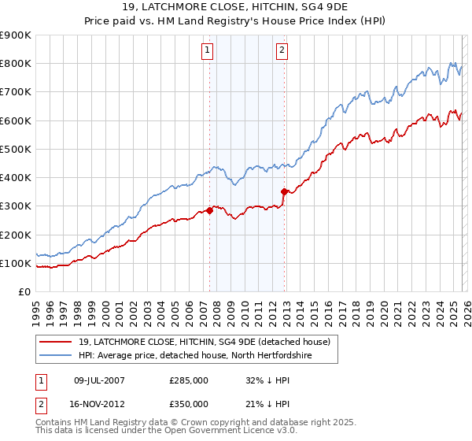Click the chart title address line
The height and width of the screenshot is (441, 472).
(236, 8)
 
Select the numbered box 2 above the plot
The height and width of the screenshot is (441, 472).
(282, 51)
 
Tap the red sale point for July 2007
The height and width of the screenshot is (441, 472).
(210, 210)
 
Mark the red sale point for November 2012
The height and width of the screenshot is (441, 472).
(285, 191)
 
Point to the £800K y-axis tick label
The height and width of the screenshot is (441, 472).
(15, 64)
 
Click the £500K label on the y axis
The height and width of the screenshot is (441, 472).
(15, 149)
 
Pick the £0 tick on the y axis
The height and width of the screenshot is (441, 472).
(24, 291)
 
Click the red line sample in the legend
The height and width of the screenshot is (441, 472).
(56, 341)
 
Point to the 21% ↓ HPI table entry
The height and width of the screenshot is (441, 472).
(269, 404)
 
